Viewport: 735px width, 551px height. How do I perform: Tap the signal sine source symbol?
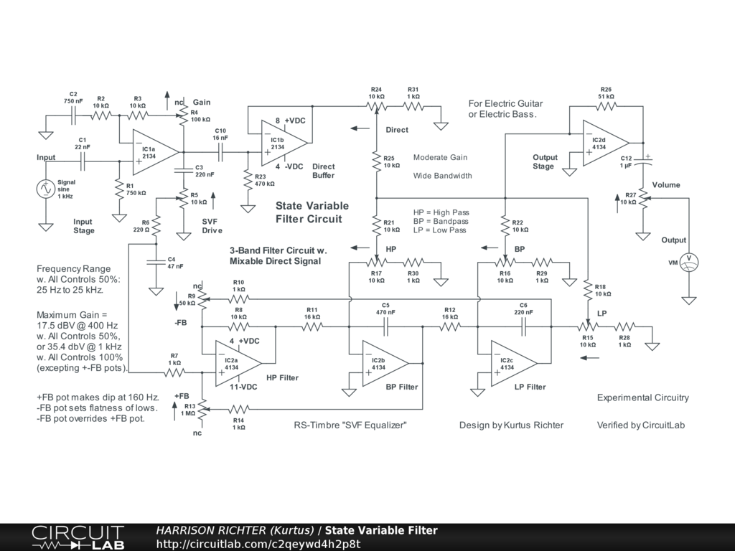pyautogui.click(x=45, y=189)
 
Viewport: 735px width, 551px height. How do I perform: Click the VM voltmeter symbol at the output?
pyautogui.click(x=688, y=262)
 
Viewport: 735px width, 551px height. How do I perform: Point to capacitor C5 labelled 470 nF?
pyautogui.click(x=385, y=327)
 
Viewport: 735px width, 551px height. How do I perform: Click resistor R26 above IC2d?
pyautogui.click(x=606, y=106)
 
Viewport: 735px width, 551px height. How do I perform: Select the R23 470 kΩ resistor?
pyautogui.click(x=248, y=179)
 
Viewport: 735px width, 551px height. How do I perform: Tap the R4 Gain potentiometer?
pyautogui.click(x=183, y=116)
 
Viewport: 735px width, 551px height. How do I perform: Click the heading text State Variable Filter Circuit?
pyautogui.click(x=312, y=212)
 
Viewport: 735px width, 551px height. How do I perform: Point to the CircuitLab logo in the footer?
pyautogui.click(x=78, y=537)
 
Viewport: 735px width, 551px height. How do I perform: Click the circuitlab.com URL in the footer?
pyautogui.click(x=258, y=544)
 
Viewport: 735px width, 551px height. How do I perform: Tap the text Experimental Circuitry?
pyautogui.click(x=642, y=397)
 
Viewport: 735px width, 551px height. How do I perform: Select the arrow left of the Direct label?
pyautogui.click(x=360, y=128)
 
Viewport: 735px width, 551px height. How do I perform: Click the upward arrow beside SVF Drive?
pyautogui.click(x=213, y=201)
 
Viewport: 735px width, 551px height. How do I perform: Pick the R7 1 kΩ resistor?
pyautogui.click(x=174, y=372)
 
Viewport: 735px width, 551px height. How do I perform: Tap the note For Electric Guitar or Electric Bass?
pyautogui.click(x=505, y=109)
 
